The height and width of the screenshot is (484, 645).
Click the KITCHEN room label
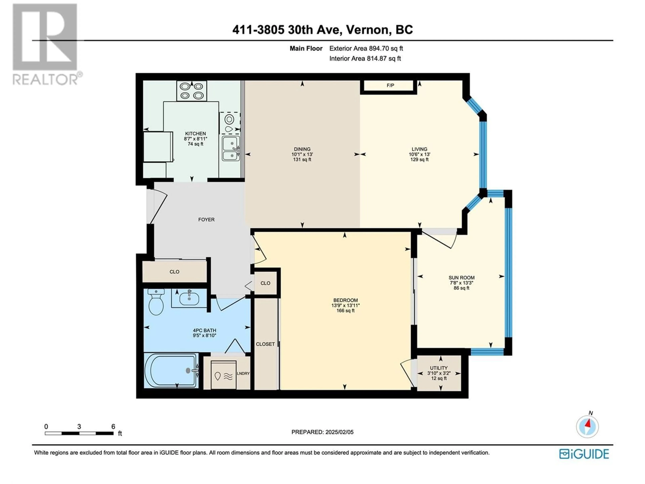click(x=195, y=134)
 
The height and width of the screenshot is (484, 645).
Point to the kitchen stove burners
click(x=192, y=91)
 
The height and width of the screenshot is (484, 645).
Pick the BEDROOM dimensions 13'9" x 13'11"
click(x=345, y=306)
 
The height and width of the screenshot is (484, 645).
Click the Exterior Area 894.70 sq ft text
click(x=366, y=48)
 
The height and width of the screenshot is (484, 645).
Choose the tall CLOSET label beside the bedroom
click(x=265, y=344)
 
